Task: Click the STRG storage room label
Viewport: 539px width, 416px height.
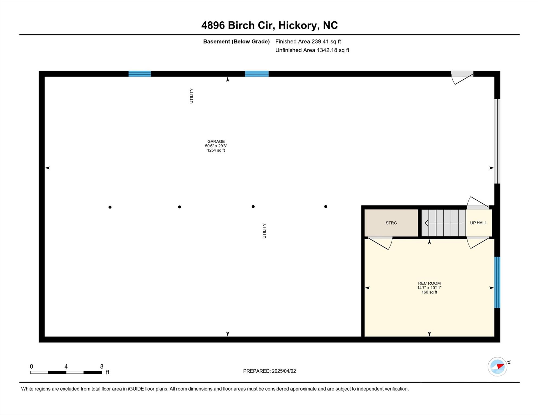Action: (391, 223)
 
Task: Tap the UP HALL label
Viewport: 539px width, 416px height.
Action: (478, 223)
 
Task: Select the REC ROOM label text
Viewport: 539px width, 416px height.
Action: (429, 283)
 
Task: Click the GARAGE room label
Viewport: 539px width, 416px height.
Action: (216, 141)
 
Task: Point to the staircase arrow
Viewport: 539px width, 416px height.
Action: (443, 223)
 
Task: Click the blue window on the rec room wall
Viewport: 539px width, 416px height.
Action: (497, 282)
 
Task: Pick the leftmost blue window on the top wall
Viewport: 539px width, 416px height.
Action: (140, 74)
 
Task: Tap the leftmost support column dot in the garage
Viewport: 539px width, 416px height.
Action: (110, 207)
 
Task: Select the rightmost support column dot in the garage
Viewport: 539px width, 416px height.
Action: (326, 206)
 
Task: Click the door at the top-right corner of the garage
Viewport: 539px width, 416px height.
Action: (462, 77)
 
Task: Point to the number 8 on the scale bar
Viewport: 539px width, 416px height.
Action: (102, 366)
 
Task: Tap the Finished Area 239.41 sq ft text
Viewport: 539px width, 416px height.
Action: (308, 41)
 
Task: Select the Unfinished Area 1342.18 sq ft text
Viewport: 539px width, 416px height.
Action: (312, 50)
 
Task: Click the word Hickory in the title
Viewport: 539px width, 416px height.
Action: (298, 25)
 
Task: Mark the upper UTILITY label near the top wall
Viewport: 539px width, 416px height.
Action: (191, 96)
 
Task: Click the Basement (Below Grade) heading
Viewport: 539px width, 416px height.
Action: (236, 41)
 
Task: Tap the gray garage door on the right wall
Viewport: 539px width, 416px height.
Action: (497, 141)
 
